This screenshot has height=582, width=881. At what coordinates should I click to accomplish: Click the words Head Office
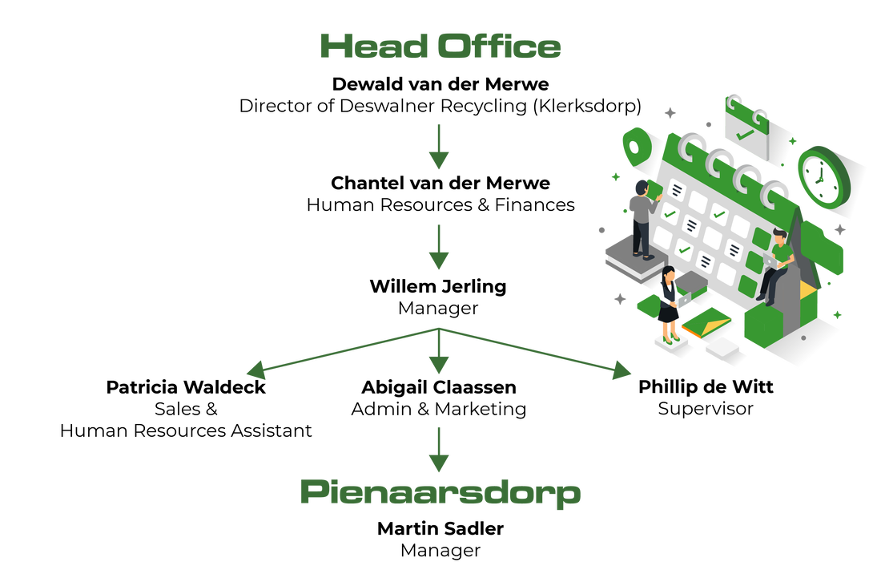tap(440, 47)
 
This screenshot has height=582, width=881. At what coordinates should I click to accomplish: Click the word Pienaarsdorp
tap(440, 492)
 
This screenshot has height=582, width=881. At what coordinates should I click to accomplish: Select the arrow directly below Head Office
tap(439, 147)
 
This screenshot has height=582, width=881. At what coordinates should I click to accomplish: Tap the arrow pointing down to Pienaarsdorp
tap(439, 450)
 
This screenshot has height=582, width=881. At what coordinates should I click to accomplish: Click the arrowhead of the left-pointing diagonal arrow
tap(255, 370)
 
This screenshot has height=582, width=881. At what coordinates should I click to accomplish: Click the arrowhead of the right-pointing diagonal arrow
tap(622, 371)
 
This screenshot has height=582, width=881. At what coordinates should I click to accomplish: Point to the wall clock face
tap(821, 176)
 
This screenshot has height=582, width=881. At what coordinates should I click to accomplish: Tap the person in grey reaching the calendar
tap(641, 216)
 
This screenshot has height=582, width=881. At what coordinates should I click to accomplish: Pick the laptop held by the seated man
tap(770, 261)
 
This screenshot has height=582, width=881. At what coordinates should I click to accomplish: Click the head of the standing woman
tap(667, 272)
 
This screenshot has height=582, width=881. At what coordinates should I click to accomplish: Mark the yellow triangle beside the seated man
tap(807, 285)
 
